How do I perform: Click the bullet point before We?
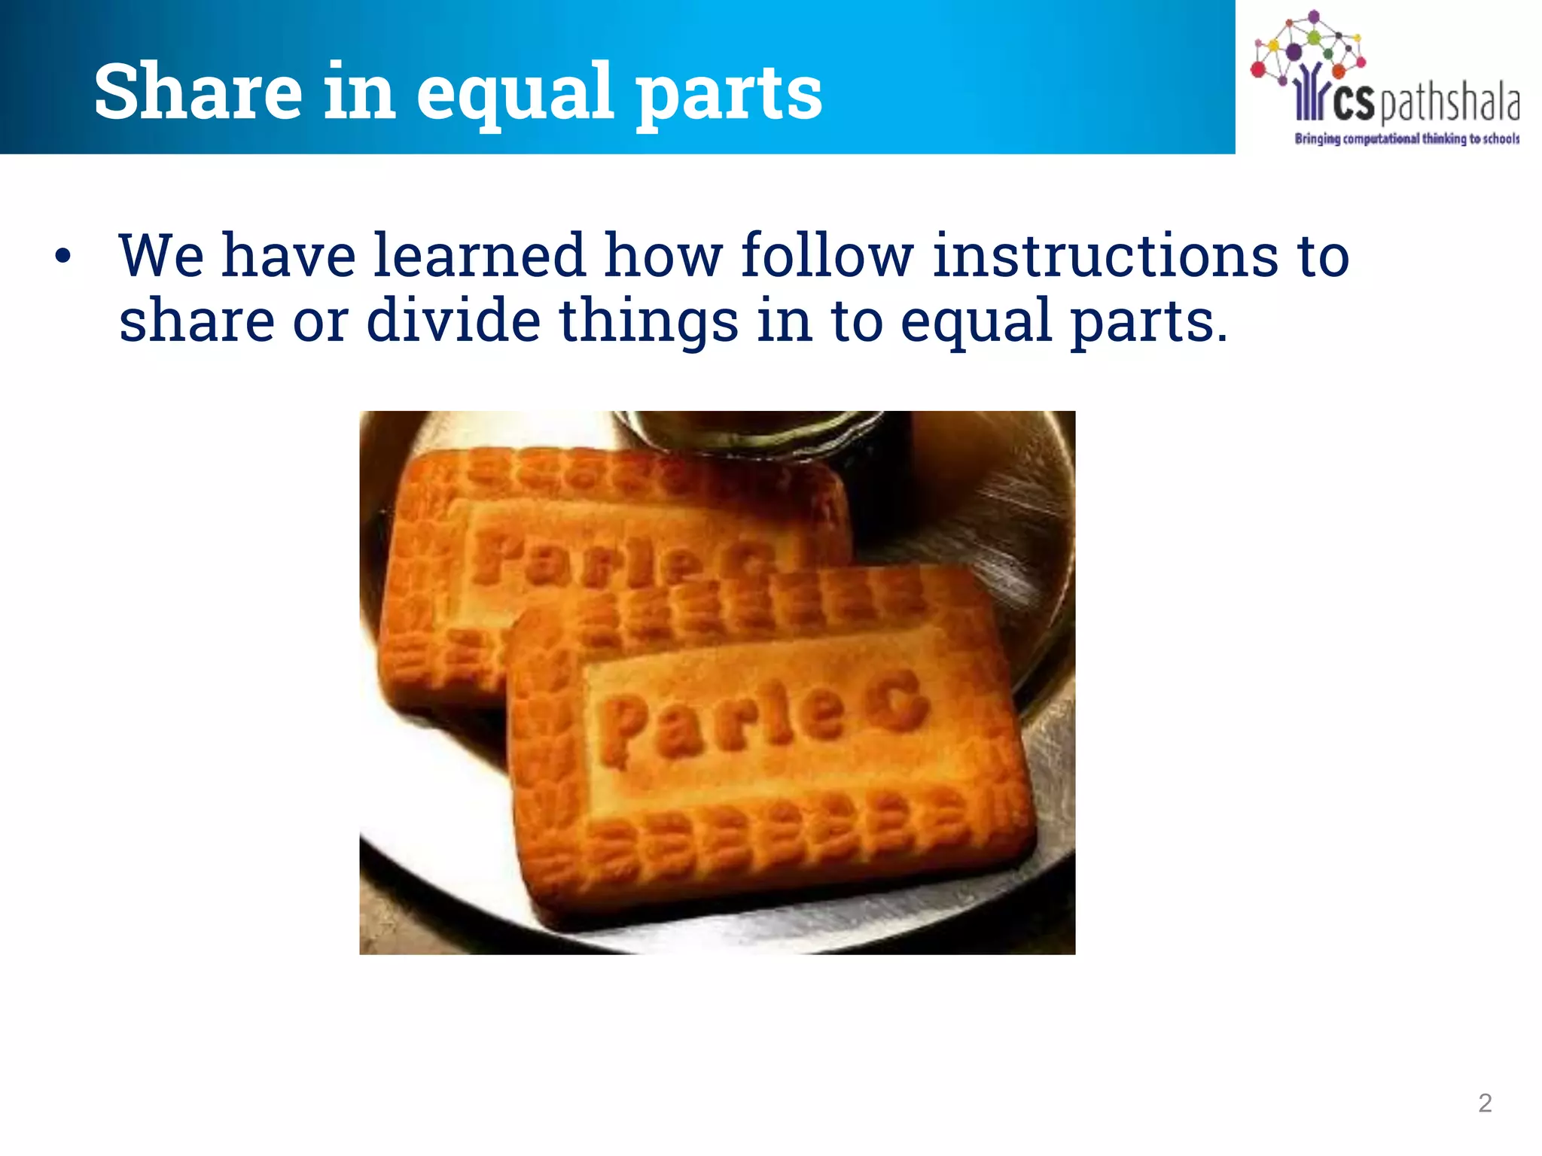tap(63, 256)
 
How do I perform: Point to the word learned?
tap(479, 255)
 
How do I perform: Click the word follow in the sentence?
tap(827, 255)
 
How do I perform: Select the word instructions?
tap(1105, 255)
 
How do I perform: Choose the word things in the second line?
tap(648, 321)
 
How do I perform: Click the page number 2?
tap(1485, 1103)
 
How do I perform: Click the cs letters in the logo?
tap(1353, 105)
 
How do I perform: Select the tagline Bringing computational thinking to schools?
tap(1406, 138)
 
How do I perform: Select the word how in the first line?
tap(663, 255)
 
